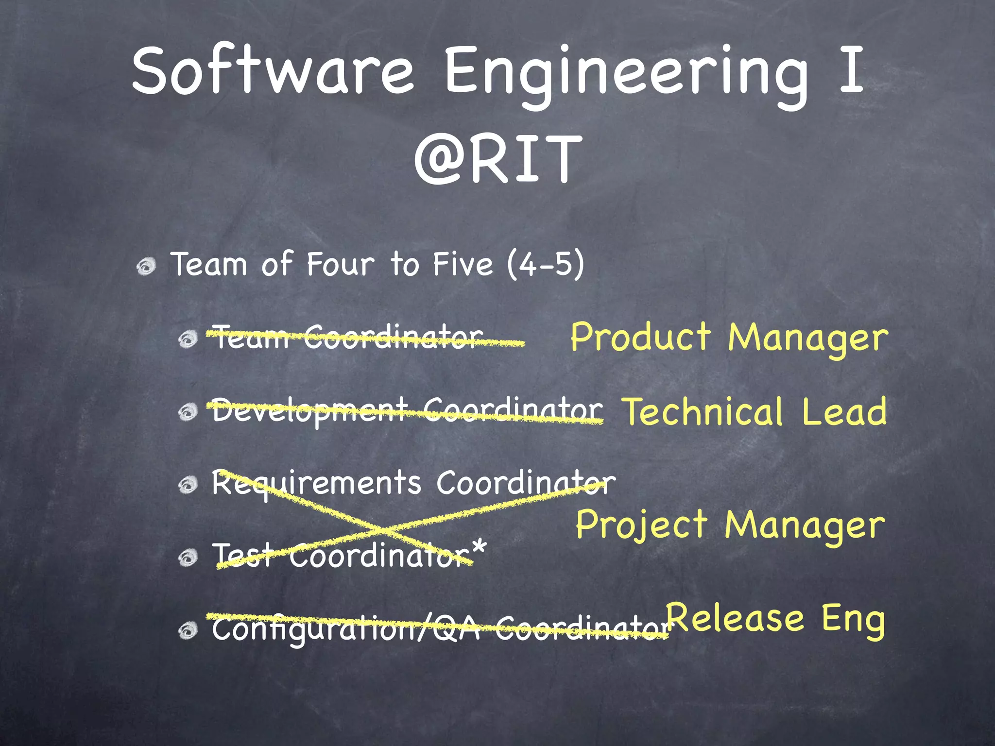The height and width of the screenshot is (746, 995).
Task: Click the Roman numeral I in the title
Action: pyautogui.click(x=851, y=70)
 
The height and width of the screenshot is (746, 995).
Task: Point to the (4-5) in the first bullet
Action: pyautogui.click(x=545, y=265)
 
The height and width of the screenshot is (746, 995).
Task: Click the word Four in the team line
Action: pyautogui.click(x=340, y=265)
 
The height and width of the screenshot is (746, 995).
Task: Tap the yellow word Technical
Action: pyautogui.click(x=703, y=412)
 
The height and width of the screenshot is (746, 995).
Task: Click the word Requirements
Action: pyautogui.click(x=316, y=484)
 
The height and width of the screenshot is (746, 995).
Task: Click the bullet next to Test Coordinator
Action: pyautogui.click(x=188, y=558)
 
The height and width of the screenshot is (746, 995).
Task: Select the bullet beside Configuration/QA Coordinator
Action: pyautogui.click(x=188, y=631)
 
